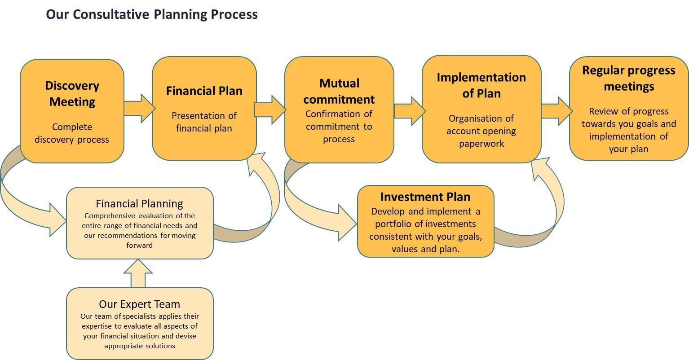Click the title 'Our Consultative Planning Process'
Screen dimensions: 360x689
pos(152,14)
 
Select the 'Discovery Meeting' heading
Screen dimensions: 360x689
pos(72,93)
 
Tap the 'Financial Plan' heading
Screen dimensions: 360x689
pos(204,91)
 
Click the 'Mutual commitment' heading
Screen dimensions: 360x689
pos(339,91)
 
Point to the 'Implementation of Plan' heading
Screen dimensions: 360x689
pos(481,85)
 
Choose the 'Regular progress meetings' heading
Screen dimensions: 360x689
pos(628,78)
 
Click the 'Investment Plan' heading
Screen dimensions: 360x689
pos(425,197)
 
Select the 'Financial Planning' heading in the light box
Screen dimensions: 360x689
pos(139,204)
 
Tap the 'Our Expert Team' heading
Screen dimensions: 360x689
pos(139,304)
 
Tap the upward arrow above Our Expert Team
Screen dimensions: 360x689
pos(138,272)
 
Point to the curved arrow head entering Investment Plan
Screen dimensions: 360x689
pos(346,222)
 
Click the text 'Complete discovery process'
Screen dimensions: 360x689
pos(72,133)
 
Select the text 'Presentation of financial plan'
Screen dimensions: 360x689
pos(204,122)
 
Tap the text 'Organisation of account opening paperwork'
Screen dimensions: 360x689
pos(481,131)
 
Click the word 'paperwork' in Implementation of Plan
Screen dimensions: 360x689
pos(481,144)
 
